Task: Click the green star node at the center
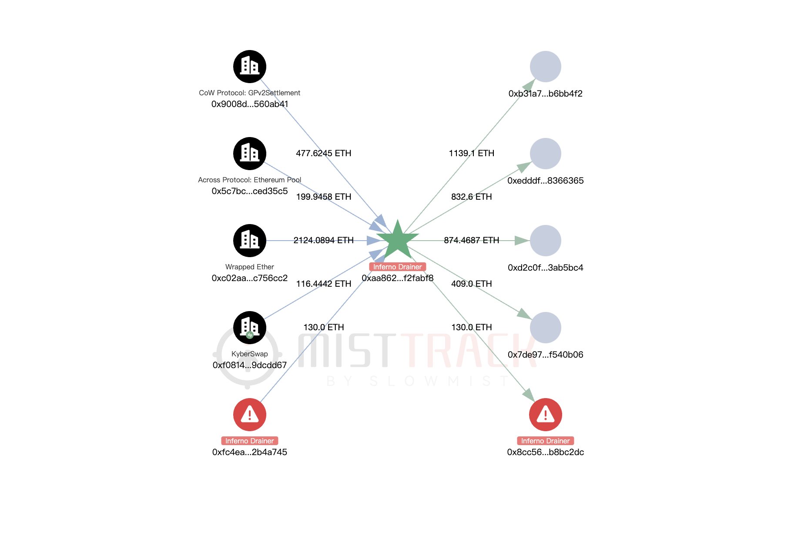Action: pyautogui.click(x=397, y=240)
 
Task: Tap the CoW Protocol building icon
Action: pyautogui.click(x=250, y=67)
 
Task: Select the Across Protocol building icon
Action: pyautogui.click(x=250, y=154)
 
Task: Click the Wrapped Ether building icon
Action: pyautogui.click(x=250, y=241)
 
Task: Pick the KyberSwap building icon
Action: pyautogui.click(x=250, y=327)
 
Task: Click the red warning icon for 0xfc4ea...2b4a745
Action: pyautogui.click(x=250, y=415)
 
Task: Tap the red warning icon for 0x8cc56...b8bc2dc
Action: pyautogui.click(x=546, y=415)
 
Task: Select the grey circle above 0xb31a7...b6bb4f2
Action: pyautogui.click(x=546, y=67)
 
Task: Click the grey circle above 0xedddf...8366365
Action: pyautogui.click(x=546, y=154)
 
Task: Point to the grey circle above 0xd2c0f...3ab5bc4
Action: pyautogui.click(x=546, y=241)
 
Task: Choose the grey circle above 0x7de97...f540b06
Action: pyautogui.click(x=546, y=328)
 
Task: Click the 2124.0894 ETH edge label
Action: pyautogui.click(x=323, y=240)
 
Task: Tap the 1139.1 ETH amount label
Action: pyautogui.click(x=472, y=153)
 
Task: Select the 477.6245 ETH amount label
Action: pyautogui.click(x=323, y=153)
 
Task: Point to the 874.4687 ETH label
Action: pyautogui.click(x=472, y=240)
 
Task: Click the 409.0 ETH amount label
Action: pyautogui.click(x=472, y=284)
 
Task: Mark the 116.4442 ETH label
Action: pyautogui.click(x=323, y=284)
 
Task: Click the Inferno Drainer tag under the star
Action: pyautogui.click(x=397, y=267)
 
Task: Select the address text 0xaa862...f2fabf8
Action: pyautogui.click(x=397, y=278)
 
